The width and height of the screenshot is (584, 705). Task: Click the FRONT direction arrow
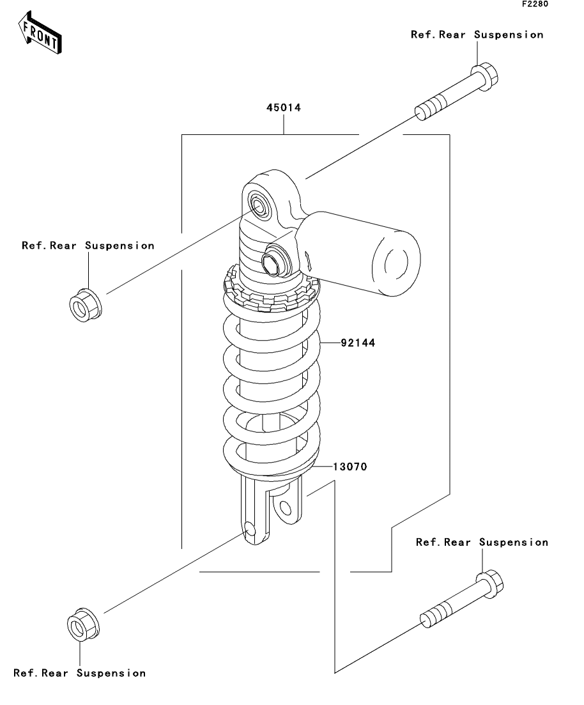39,33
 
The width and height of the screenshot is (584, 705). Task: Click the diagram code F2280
535,4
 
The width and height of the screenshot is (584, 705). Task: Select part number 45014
284,107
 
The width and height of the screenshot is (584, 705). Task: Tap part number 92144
358,343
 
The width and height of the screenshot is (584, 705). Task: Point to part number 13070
350,467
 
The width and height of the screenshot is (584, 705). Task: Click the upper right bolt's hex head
485,77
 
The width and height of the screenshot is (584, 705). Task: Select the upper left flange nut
86,306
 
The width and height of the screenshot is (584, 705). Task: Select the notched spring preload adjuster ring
271,292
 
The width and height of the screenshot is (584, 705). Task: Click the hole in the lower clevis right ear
285,509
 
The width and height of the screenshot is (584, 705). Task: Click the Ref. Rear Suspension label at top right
477,35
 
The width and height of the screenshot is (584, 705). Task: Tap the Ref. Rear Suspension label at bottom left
80,673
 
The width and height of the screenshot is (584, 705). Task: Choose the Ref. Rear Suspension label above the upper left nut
88,245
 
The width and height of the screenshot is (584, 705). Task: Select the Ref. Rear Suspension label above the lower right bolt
482,542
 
